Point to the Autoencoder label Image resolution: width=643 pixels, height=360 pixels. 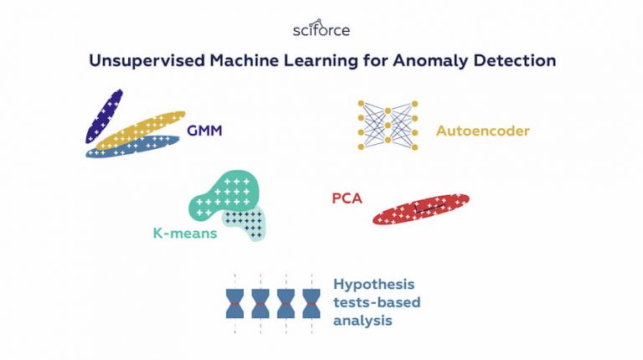coord(482,131)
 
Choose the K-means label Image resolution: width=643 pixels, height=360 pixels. coord(184,233)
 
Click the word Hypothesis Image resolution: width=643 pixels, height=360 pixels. coord(373,285)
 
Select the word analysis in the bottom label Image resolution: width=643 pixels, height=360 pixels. coord(362,320)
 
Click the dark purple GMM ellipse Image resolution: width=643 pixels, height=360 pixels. coord(104,115)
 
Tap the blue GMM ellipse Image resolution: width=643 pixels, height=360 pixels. coord(134,147)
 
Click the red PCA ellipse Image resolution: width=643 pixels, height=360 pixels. coord(421,209)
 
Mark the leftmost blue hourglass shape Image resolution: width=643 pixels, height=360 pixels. coord(234,302)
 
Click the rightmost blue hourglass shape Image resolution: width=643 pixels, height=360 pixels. coord(311,302)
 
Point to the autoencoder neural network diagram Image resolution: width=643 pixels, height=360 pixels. coord(388,125)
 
